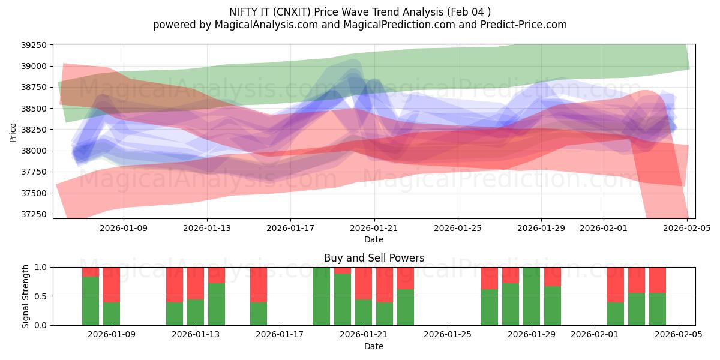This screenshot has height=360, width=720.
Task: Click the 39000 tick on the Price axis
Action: tap(37, 66)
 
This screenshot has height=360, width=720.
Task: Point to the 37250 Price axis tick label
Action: tap(37, 214)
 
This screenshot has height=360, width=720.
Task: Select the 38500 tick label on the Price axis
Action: tap(37, 109)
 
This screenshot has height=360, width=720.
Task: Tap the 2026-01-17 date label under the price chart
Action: tap(290, 228)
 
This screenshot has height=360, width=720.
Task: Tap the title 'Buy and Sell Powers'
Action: tap(374, 258)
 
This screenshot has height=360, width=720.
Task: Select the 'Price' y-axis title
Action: tap(13, 132)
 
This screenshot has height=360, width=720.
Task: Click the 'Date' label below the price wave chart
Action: tap(374, 239)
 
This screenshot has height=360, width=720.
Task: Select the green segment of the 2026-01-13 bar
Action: tap(196, 312)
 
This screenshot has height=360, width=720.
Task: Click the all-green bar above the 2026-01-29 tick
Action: tap(532, 296)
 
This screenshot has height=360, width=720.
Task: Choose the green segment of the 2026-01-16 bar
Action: tap(259, 314)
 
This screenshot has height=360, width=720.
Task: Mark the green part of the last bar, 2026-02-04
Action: tap(658, 309)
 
